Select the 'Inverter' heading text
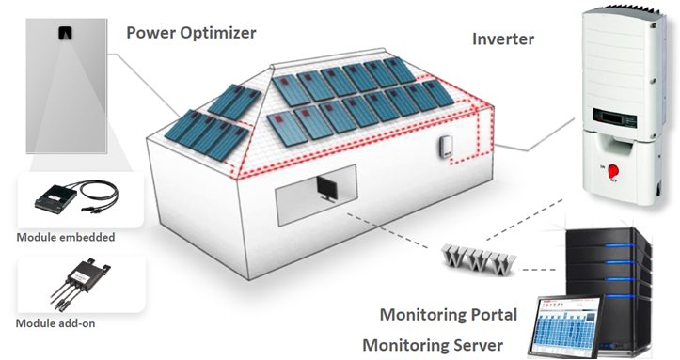503,39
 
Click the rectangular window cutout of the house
316,196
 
